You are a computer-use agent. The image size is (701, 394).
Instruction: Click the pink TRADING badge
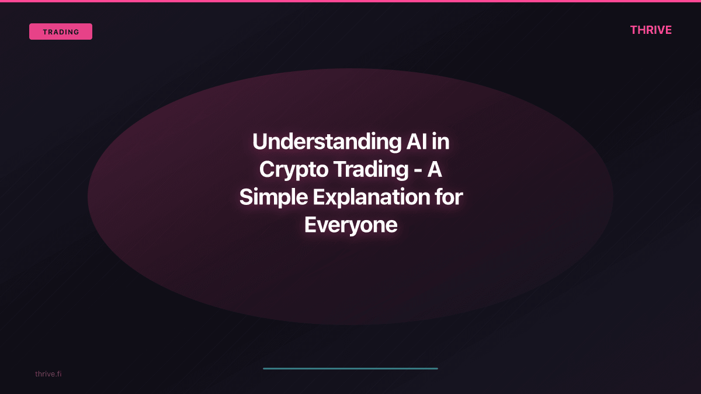coord(61,32)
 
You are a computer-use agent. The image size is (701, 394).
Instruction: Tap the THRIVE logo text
coord(651,30)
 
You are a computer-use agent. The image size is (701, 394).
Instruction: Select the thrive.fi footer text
coord(48,374)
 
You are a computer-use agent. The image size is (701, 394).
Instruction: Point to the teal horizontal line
coord(350,368)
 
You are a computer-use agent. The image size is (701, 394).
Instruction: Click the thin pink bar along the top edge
coord(350,1)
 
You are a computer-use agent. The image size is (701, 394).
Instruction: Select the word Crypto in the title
coord(293,170)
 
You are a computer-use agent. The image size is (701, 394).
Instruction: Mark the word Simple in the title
coord(273,197)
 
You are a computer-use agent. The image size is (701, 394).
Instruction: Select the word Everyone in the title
coord(350,225)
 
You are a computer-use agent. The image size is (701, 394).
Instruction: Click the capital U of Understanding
coord(259,142)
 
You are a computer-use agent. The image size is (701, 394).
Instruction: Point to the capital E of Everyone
coord(310,225)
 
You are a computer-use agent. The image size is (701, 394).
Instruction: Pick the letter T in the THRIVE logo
coord(634,30)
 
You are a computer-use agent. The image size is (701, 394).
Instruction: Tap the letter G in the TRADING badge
coord(77,32)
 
